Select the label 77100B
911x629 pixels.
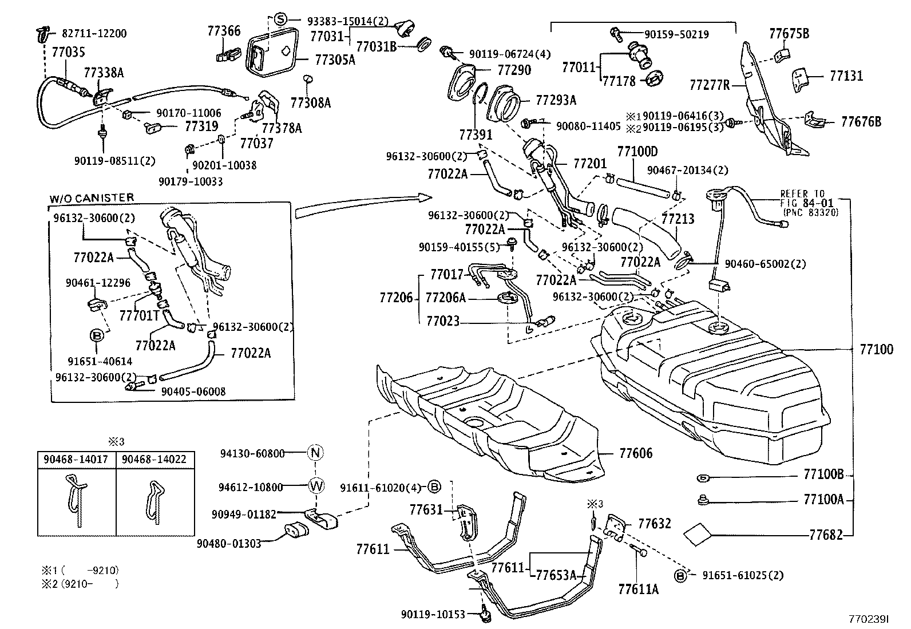pos(823,474)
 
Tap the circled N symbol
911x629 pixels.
pos(315,453)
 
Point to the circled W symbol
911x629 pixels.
pos(316,486)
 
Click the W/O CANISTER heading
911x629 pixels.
pos(92,198)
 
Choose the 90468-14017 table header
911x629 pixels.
pos(77,459)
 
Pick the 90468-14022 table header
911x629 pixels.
pos(154,459)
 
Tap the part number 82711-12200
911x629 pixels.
pos(94,33)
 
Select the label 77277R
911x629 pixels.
pos(710,85)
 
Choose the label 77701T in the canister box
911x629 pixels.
pos(139,315)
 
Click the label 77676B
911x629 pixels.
pos(861,121)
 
